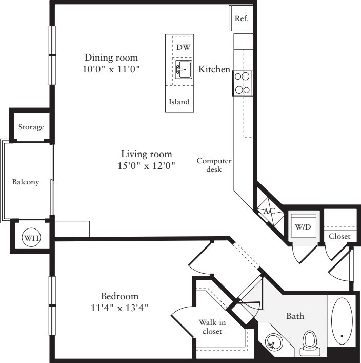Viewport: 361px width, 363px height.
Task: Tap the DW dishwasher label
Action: click(183, 47)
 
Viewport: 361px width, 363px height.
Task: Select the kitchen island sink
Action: click(183, 68)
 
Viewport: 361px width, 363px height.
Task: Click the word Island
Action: click(179, 102)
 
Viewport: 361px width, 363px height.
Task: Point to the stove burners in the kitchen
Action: click(242, 83)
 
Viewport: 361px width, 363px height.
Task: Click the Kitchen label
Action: click(214, 69)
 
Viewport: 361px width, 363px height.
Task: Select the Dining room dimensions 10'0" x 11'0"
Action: click(111, 68)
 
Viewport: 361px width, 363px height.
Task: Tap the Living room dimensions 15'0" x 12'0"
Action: click(146, 165)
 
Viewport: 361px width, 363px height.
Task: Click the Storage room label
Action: click(31, 127)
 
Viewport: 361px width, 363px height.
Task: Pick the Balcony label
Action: click(26, 182)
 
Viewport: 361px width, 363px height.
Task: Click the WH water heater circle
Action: click(31, 237)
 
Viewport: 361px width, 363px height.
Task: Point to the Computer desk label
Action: click(214, 165)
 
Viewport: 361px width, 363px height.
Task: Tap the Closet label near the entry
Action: click(339, 236)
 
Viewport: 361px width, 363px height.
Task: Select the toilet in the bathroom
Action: click(309, 341)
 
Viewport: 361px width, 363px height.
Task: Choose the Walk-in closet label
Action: click(212, 327)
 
